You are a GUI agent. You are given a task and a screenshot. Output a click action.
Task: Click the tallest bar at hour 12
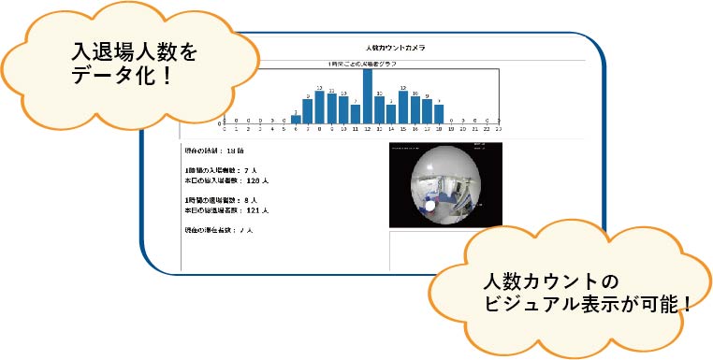[x=368, y=95]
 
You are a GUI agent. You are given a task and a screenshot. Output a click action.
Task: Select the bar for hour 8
[x=319, y=107]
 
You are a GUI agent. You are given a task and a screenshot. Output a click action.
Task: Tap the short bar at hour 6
[x=296, y=118]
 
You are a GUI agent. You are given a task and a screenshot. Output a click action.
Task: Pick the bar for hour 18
[x=439, y=113]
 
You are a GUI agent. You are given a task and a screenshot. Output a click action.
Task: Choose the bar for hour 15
[x=403, y=107]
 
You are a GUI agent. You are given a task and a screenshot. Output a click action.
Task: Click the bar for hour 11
[x=356, y=113]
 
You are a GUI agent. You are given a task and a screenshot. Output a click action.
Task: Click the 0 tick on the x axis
[x=224, y=130]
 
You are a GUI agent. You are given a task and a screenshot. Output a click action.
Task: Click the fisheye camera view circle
[x=445, y=184]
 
